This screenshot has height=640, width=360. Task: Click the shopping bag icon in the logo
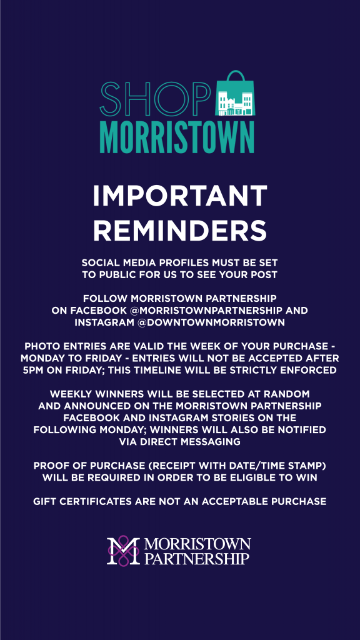pyautogui.click(x=234, y=94)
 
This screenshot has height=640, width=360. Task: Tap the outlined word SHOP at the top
pyautogui.click(x=155, y=99)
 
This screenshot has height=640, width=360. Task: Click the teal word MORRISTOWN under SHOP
pyautogui.click(x=177, y=136)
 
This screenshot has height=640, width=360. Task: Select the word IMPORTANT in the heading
pyautogui.click(x=180, y=196)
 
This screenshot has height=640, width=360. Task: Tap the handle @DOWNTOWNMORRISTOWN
pyautogui.click(x=211, y=322)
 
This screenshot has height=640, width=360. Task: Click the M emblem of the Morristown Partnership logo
pyautogui.click(x=123, y=550)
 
